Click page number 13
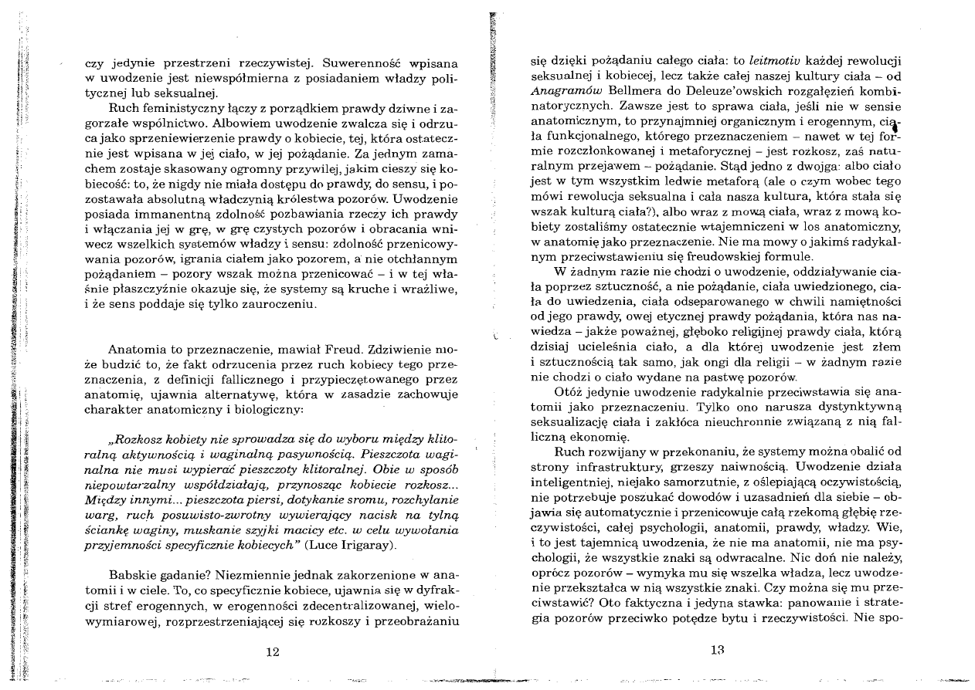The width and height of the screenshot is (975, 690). coord(717,651)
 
